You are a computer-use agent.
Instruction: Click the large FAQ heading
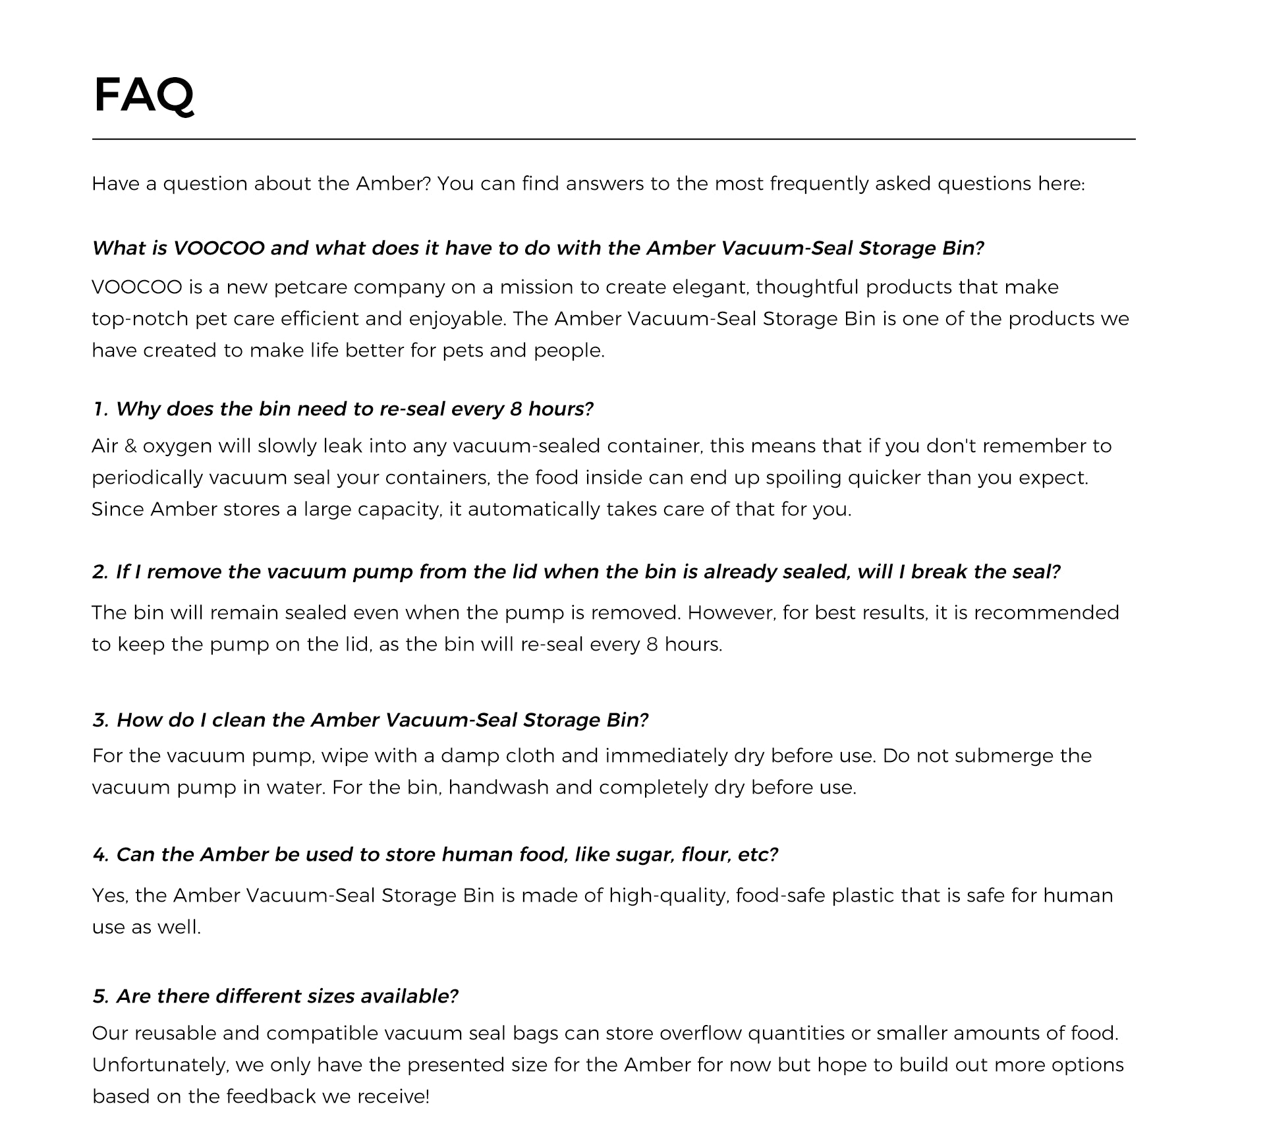point(144,95)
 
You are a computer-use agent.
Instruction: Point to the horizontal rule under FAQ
point(613,139)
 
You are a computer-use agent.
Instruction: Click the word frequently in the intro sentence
point(819,183)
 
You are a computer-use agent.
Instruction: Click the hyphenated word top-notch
point(140,319)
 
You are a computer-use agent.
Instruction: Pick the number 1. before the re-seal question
point(100,409)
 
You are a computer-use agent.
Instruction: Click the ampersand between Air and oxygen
point(130,446)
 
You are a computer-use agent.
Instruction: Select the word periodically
point(147,478)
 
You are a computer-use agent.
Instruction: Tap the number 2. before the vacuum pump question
point(100,572)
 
